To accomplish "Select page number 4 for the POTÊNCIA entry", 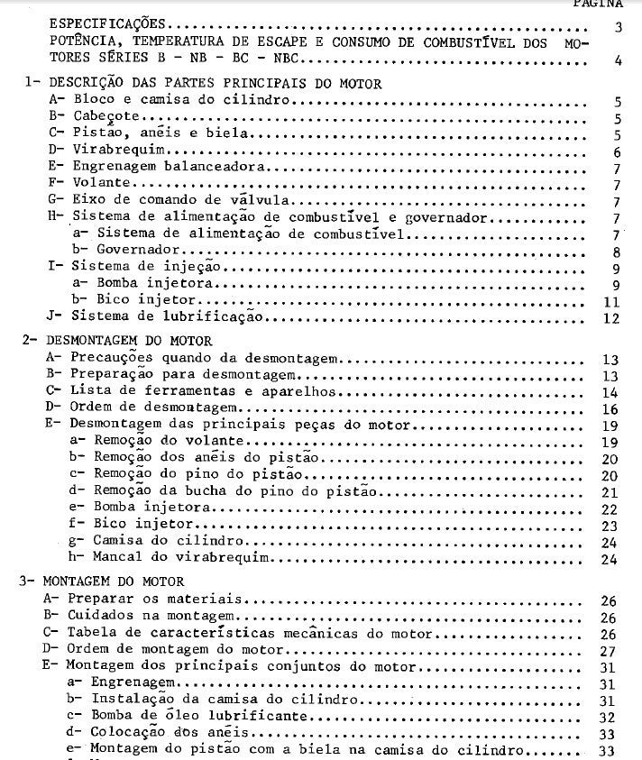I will click(x=618, y=62).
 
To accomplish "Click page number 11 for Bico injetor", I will click(x=610, y=301).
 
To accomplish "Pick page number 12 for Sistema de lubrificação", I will click(x=610, y=318).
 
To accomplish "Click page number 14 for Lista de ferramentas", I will click(x=610, y=391).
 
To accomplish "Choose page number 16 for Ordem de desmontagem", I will click(x=610, y=408).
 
